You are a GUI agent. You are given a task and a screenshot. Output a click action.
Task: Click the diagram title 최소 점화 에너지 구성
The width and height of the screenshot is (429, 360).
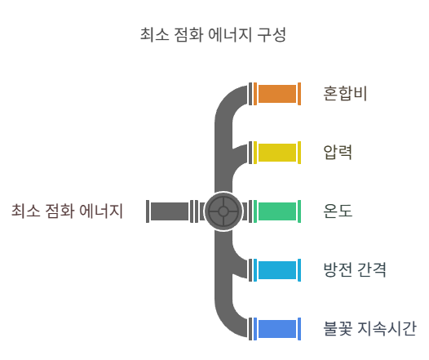coord(213,35)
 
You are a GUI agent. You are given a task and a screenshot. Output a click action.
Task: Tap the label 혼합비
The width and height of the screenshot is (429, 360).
coord(345,94)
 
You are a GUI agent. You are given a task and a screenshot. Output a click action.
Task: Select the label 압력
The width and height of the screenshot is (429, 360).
coord(338,152)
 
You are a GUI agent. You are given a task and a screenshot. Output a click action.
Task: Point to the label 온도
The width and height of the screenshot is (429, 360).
coord(338,211)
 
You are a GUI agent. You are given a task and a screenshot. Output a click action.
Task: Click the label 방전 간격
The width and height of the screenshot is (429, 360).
coord(355,270)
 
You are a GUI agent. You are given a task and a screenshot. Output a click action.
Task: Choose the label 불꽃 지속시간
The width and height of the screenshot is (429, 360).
coord(369,329)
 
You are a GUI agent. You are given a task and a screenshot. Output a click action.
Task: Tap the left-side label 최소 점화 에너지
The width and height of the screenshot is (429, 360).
coord(67,211)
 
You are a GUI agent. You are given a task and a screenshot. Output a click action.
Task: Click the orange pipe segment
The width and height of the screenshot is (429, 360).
coord(277,94)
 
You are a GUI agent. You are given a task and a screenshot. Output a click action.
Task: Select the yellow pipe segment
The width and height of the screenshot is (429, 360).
coord(277,153)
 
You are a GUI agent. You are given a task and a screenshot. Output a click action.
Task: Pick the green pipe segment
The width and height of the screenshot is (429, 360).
coord(277,211)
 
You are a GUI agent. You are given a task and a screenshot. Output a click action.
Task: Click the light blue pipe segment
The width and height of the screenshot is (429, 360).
coord(277,270)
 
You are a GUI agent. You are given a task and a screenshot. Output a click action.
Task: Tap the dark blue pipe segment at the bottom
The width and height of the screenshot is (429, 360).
coord(277,329)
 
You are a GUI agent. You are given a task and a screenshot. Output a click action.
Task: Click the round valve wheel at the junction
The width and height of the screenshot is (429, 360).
coord(223,211)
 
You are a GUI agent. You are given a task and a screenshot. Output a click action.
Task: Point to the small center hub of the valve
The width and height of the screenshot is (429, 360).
coord(223,211)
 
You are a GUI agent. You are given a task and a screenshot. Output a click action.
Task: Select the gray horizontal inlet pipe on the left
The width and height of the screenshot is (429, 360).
coord(170,211)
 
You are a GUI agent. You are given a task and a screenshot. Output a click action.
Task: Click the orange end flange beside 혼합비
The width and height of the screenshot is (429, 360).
coord(299,94)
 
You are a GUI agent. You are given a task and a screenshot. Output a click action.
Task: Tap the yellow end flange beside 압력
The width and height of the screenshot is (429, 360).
coord(299,153)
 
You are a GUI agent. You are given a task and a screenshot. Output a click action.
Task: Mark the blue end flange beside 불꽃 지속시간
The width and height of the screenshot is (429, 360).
coord(299,329)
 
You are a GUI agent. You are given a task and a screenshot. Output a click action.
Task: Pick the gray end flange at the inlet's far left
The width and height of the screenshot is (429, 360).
coord(148,211)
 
